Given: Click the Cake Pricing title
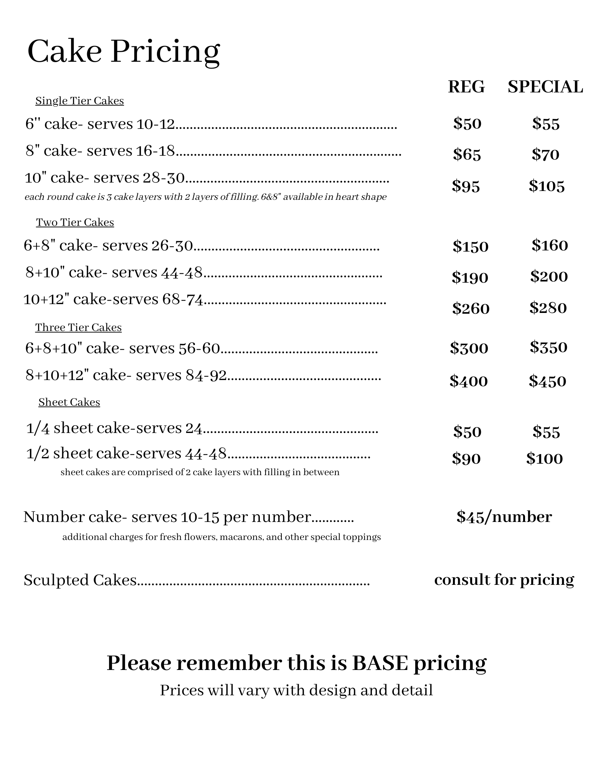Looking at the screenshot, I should [124, 52].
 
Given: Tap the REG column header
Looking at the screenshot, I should [466, 87].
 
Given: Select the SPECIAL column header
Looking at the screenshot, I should [545, 87].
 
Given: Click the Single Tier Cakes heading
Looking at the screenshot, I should [79, 101].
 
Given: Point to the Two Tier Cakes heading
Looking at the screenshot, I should [75, 222].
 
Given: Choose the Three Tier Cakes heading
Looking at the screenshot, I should [78, 328].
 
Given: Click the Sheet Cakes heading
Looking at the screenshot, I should [69, 402].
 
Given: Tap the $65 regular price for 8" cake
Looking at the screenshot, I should [467, 155].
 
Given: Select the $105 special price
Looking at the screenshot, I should [547, 186].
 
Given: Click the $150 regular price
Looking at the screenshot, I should [470, 246].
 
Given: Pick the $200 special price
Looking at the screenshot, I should [549, 277].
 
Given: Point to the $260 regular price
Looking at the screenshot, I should [471, 308].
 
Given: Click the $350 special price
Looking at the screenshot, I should [548, 347].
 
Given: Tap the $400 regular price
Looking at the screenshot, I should [469, 381].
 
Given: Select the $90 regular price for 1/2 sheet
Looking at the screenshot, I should [466, 459].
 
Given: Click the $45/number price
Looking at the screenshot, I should [504, 517].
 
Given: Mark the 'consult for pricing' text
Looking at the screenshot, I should [504, 580].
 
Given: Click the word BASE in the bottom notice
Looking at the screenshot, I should [380, 663].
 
